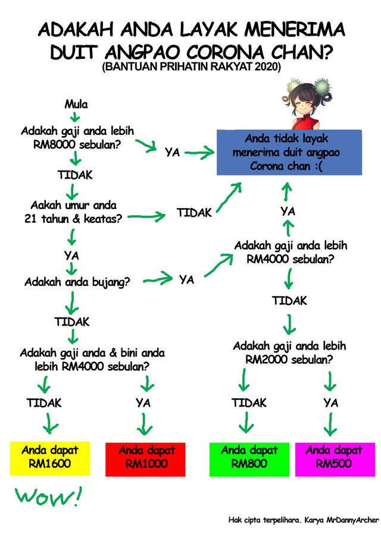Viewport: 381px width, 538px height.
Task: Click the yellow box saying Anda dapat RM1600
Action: click(50, 458)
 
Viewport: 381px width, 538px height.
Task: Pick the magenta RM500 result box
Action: click(333, 458)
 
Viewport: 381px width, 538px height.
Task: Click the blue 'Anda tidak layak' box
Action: click(289, 153)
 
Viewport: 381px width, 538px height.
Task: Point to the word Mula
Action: click(76, 105)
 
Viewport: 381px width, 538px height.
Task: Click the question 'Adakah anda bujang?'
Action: click(77, 282)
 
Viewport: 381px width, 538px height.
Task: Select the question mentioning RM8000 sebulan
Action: click(77, 137)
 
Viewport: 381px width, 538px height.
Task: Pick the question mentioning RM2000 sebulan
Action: click(289, 353)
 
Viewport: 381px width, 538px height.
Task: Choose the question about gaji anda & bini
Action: click(92, 360)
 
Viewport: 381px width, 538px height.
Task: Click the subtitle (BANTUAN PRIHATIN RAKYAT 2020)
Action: click(191, 67)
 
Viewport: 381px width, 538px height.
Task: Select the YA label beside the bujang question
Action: click(186, 279)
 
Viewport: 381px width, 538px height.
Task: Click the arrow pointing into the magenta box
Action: click(331, 425)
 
